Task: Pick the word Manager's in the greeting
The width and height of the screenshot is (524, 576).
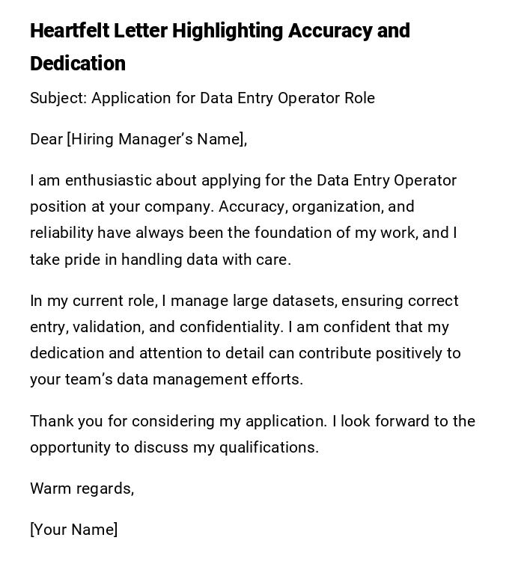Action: click(156, 139)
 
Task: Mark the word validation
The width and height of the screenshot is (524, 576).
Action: click(110, 327)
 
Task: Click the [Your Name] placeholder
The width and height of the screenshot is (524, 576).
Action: click(74, 530)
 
